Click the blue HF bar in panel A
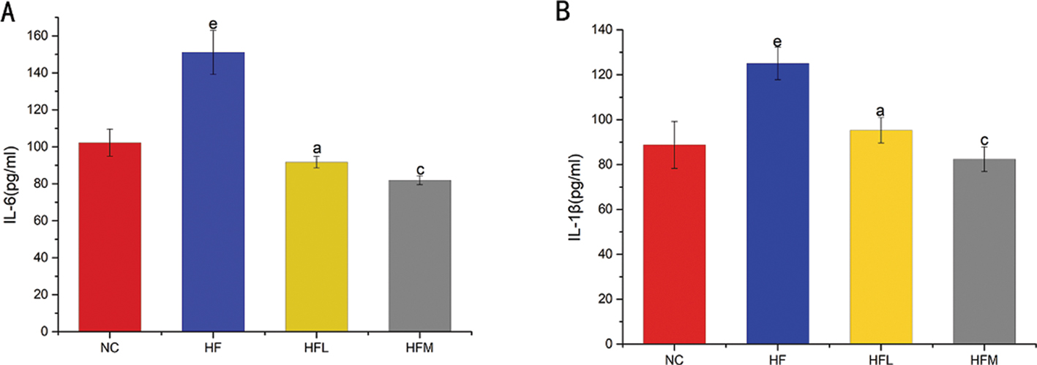pos(213,192)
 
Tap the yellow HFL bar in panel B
pos(881,236)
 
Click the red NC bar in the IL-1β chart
pos(675,244)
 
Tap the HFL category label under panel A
pos(317,350)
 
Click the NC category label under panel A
pos(110,350)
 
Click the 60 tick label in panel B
pos(604,209)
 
